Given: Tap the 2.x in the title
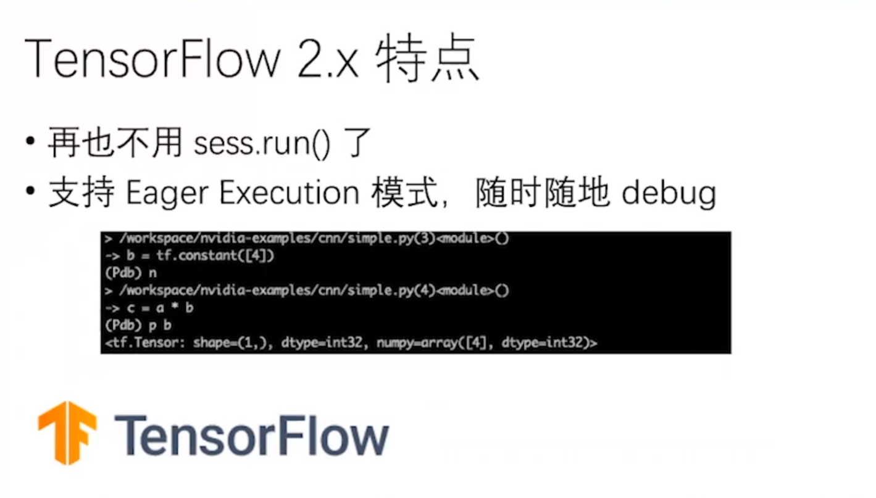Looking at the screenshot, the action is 328,60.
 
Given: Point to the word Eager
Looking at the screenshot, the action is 167,194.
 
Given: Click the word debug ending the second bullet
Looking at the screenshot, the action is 669,194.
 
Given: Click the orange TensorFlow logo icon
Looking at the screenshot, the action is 67,432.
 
